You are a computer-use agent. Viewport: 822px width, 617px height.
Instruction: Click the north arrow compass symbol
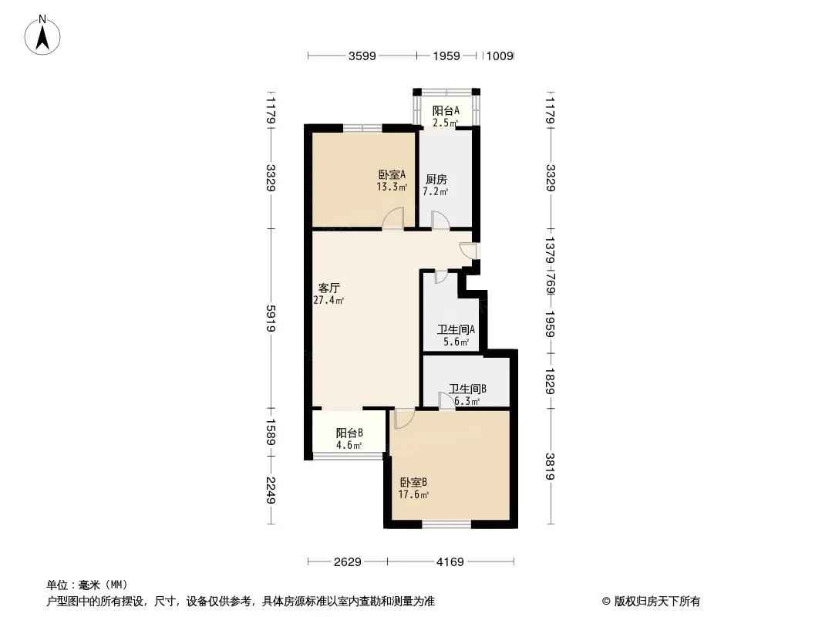[42, 35]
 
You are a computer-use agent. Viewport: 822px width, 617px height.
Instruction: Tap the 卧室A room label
[392, 174]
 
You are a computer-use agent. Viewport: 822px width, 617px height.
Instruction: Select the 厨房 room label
[436, 179]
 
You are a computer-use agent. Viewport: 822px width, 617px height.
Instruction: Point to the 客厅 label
[329, 288]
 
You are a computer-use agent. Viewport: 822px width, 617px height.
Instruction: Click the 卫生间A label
[456, 330]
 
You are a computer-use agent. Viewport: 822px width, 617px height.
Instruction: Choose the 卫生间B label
[467, 389]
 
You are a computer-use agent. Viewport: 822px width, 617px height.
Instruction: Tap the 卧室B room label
[413, 482]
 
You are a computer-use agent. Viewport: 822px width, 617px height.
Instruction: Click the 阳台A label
[446, 110]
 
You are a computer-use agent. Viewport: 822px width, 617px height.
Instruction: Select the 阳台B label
[349, 433]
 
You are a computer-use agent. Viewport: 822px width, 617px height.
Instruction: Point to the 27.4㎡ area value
[328, 300]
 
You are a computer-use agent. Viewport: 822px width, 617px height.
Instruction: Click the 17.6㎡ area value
[413, 494]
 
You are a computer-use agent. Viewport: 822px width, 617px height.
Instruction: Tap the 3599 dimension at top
[362, 56]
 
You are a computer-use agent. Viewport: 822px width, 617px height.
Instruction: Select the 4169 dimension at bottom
[450, 562]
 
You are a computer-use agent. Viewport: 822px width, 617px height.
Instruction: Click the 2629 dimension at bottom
[348, 562]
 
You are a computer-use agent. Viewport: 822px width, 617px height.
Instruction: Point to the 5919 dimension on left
[271, 319]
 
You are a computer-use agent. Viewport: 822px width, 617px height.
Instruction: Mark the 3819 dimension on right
[550, 466]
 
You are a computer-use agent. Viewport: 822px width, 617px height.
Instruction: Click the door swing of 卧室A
[392, 218]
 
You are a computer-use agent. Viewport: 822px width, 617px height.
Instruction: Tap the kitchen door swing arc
[440, 220]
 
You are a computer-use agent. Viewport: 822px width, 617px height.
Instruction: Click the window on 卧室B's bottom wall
[446, 523]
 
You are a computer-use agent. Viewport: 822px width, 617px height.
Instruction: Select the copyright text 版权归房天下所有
[657, 602]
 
